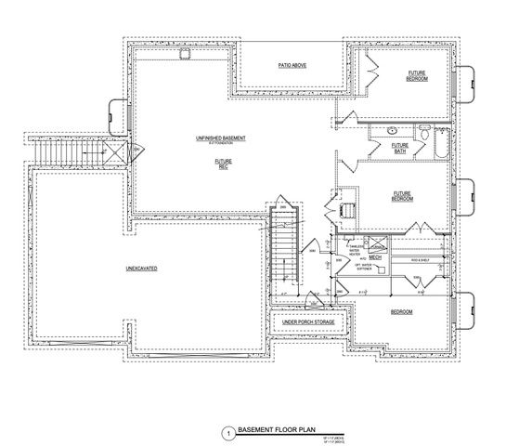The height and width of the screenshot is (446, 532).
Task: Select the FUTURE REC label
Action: point(223,163)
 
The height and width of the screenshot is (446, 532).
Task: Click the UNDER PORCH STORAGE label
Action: point(308,321)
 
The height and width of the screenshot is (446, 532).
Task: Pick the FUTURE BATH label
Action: point(400,148)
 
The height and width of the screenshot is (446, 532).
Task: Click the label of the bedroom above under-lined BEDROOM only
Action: point(401,196)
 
